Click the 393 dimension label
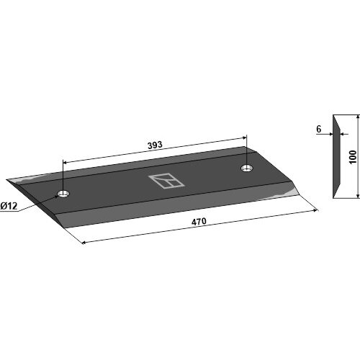point(155,145)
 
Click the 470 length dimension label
point(199,221)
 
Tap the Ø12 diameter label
point(9,206)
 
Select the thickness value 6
point(318,129)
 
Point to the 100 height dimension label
point(353,157)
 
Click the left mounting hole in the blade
point(63,193)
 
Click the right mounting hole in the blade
point(246,168)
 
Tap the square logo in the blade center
point(166,181)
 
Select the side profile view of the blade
point(336,156)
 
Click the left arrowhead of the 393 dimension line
point(64,163)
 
